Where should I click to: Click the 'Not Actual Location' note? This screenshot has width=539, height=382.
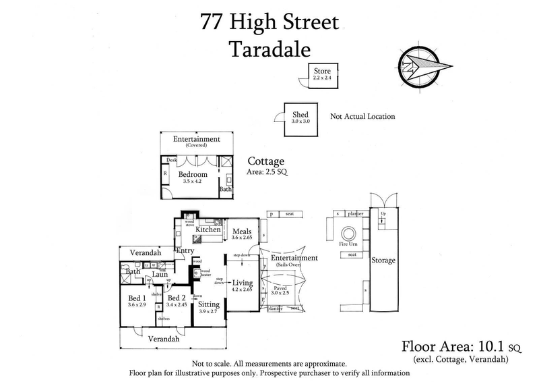[x=362, y=116]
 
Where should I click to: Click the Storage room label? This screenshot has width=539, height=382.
[x=383, y=260]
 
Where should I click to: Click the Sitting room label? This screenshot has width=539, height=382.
[x=209, y=304]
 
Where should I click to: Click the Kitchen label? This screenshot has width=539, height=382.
[x=208, y=230]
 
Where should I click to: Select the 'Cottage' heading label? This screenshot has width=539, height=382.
[x=266, y=161]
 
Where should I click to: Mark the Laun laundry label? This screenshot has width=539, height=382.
[x=159, y=274]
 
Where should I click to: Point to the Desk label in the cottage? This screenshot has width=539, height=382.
[x=172, y=160]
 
